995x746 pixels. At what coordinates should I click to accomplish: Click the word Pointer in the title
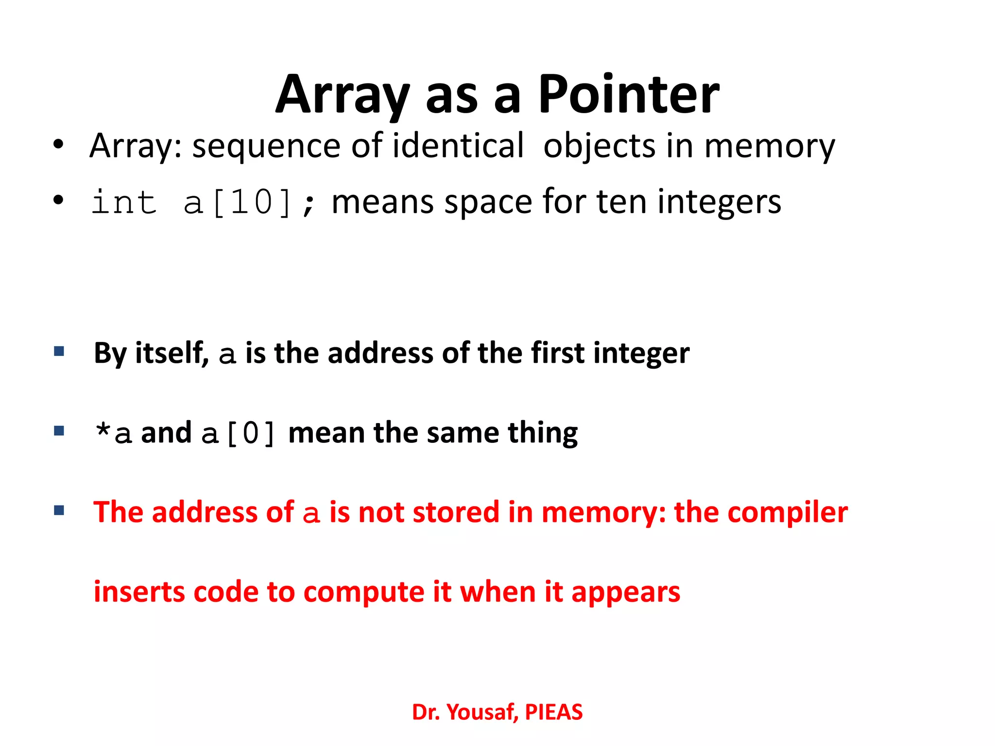pyautogui.click(x=629, y=95)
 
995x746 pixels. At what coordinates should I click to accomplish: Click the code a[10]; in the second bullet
pyautogui.click(x=250, y=202)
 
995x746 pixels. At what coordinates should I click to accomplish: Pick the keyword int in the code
pyautogui.click(x=124, y=202)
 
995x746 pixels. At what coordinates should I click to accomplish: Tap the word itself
pyautogui.click(x=172, y=353)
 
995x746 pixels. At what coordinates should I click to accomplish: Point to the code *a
pyautogui.click(x=113, y=433)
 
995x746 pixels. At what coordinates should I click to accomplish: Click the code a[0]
pyautogui.click(x=238, y=433)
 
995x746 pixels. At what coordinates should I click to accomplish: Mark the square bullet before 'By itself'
pyautogui.click(x=59, y=351)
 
